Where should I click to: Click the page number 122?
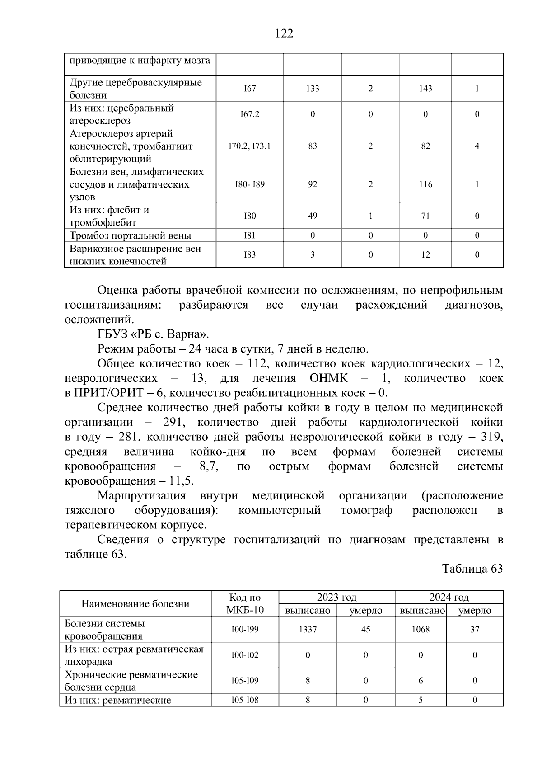pos(284,34)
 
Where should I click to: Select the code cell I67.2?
pos(250,114)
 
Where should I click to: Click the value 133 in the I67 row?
pos(313,89)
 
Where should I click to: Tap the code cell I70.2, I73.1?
pos(250,146)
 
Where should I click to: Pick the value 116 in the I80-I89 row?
pos(425,184)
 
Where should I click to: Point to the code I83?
pos(250,255)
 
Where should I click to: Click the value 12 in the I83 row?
pos(425,255)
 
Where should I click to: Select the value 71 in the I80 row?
pos(425,216)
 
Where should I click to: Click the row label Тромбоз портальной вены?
pos(130,235)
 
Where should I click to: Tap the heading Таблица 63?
pos(472,569)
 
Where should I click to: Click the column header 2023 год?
pos(336,597)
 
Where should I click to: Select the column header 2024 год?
pos(449,597)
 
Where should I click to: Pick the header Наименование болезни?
pos(135,604)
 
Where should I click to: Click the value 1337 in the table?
pos(308,630)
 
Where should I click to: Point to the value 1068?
pos(421,630)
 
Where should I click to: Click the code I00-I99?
pos(245,630)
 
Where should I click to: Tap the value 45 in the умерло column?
pos(366,630)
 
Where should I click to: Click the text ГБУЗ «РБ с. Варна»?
pos(154,335)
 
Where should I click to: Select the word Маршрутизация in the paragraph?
pos(141,496)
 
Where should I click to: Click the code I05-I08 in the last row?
pos(245,701)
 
